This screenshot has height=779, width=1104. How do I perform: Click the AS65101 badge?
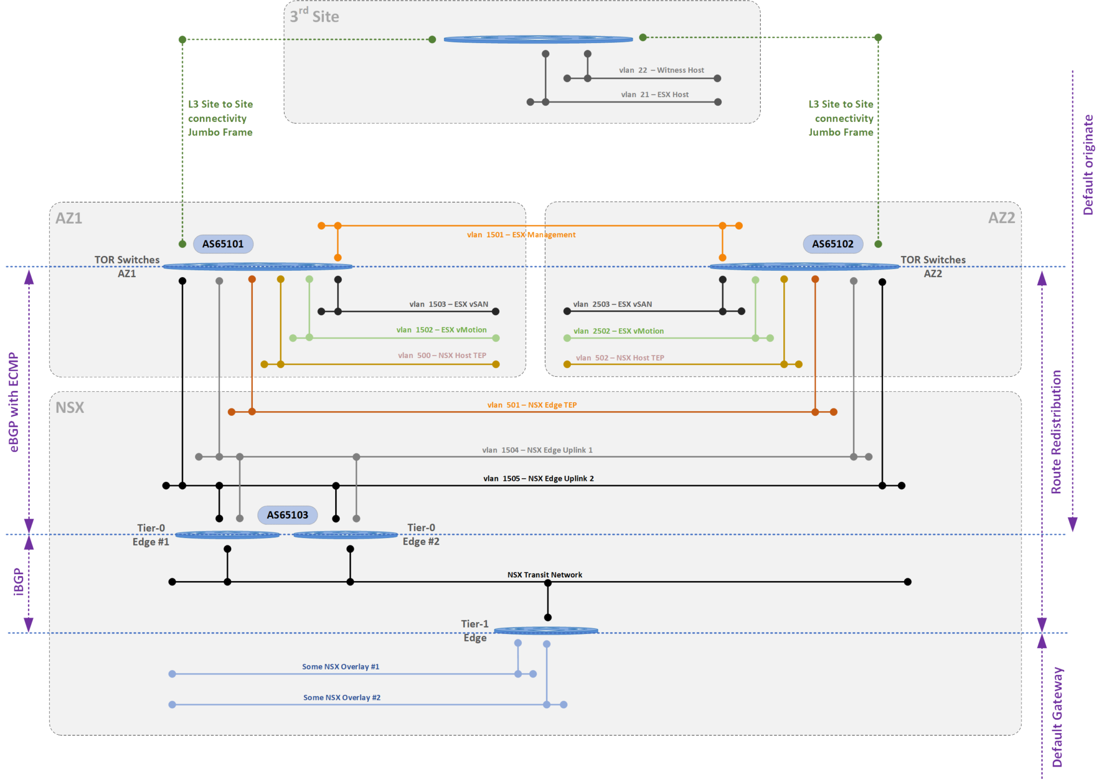click(223, 244)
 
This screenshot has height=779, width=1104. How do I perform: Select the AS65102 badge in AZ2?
click(832, 244)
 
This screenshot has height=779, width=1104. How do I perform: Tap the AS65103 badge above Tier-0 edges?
click(287, 515)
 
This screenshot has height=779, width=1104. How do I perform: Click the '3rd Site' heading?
click(314, 16)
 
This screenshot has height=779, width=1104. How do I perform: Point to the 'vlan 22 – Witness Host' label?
click(661, 70)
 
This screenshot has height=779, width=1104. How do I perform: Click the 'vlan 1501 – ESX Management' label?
click(521, 235)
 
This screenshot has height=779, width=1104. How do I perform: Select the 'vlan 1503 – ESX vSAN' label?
click(448, 304)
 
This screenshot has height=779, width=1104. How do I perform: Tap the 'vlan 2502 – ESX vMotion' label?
click(618, 331)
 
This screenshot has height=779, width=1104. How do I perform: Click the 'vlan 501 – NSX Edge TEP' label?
click(532, 405)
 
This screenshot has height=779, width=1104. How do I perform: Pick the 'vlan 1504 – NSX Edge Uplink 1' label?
click(537, 450)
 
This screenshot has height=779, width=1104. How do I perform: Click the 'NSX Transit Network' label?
click(544, 575)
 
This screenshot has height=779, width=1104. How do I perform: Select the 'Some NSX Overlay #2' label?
click(342, 698)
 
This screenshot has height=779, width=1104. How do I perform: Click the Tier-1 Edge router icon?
click(546, 630)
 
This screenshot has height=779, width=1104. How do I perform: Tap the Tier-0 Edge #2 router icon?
click(345, 535)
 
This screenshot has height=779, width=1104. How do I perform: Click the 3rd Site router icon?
click(537, 39)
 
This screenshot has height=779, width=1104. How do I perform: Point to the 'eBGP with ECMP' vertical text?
click(14, 402)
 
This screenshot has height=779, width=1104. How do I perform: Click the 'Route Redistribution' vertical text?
click(1056, 431)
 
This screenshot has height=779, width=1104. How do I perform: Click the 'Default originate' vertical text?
click(1088, 164)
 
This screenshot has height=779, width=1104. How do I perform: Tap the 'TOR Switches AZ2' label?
click(933, 266)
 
